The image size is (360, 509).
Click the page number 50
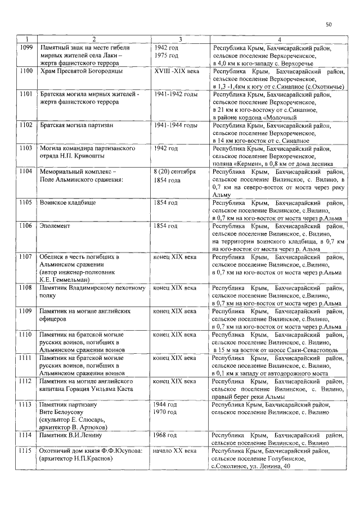pyautogui.click(x=329, y=25)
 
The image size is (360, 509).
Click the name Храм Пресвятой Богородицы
pyautogui.click(x=80, y=73)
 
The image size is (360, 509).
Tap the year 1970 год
pyautogui.click(x=166, y=412)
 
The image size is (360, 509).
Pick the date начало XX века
pyautogui.click(x=175, y=451)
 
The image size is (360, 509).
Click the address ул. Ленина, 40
pyautogui.click(x=267, y=467)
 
